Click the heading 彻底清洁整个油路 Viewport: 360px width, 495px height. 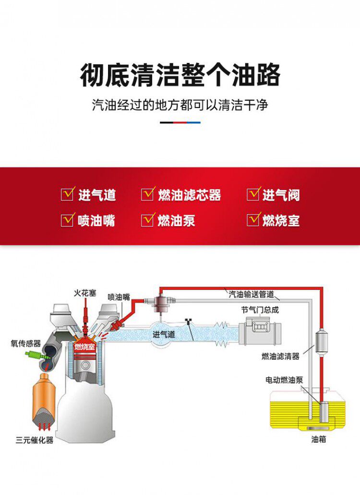(180, 75)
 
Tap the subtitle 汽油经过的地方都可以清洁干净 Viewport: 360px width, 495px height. (180, 105)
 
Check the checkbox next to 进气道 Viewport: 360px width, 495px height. (67, 194)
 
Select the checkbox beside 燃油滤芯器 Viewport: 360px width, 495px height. (147, 194)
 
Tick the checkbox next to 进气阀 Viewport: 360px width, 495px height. (253, 194)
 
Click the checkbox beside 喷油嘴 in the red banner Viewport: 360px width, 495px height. (67, 220)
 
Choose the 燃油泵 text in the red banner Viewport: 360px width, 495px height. (176, 220)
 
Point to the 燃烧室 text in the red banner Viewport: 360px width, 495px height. (281, 220)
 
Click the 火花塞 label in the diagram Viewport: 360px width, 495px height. (85, 293)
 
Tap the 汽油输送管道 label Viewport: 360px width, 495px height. (252, 294)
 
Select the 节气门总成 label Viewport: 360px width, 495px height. (260, 310)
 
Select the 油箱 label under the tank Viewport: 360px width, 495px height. (318, 439)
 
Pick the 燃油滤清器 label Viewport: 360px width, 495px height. (280, 356)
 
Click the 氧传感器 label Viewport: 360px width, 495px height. (26, 343)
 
